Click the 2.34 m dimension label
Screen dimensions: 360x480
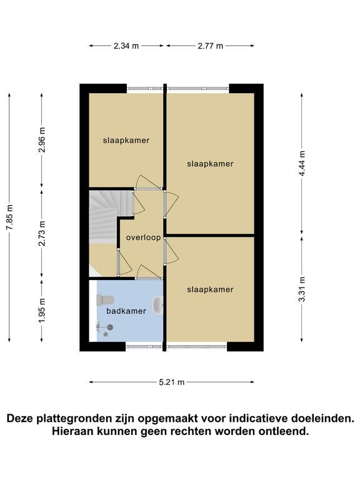(x=126, y=46)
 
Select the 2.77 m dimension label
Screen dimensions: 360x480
(x=210, y=46)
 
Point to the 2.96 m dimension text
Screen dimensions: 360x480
(x=42, y=139)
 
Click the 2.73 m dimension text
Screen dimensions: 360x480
(x=42, y=233)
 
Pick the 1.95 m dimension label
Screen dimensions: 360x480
(x=42, y=310)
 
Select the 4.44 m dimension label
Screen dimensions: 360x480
(x=302, y=163)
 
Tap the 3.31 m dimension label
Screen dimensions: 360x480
(x=302, y=289)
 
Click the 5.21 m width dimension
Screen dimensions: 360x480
(x=172, y=382)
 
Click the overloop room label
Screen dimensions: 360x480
(x=143, y=237)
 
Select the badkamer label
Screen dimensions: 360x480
(x=126, y=311)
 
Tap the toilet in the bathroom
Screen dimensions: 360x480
(x=105, y=300)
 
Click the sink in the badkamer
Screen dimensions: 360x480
(x=157, y=305)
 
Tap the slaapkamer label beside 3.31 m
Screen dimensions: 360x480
(x=210, y=289)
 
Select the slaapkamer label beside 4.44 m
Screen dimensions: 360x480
(x=210, y=164)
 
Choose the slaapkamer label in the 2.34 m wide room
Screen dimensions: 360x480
(x=126, y=141)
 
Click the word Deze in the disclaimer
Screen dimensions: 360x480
(x=20, y=418)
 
